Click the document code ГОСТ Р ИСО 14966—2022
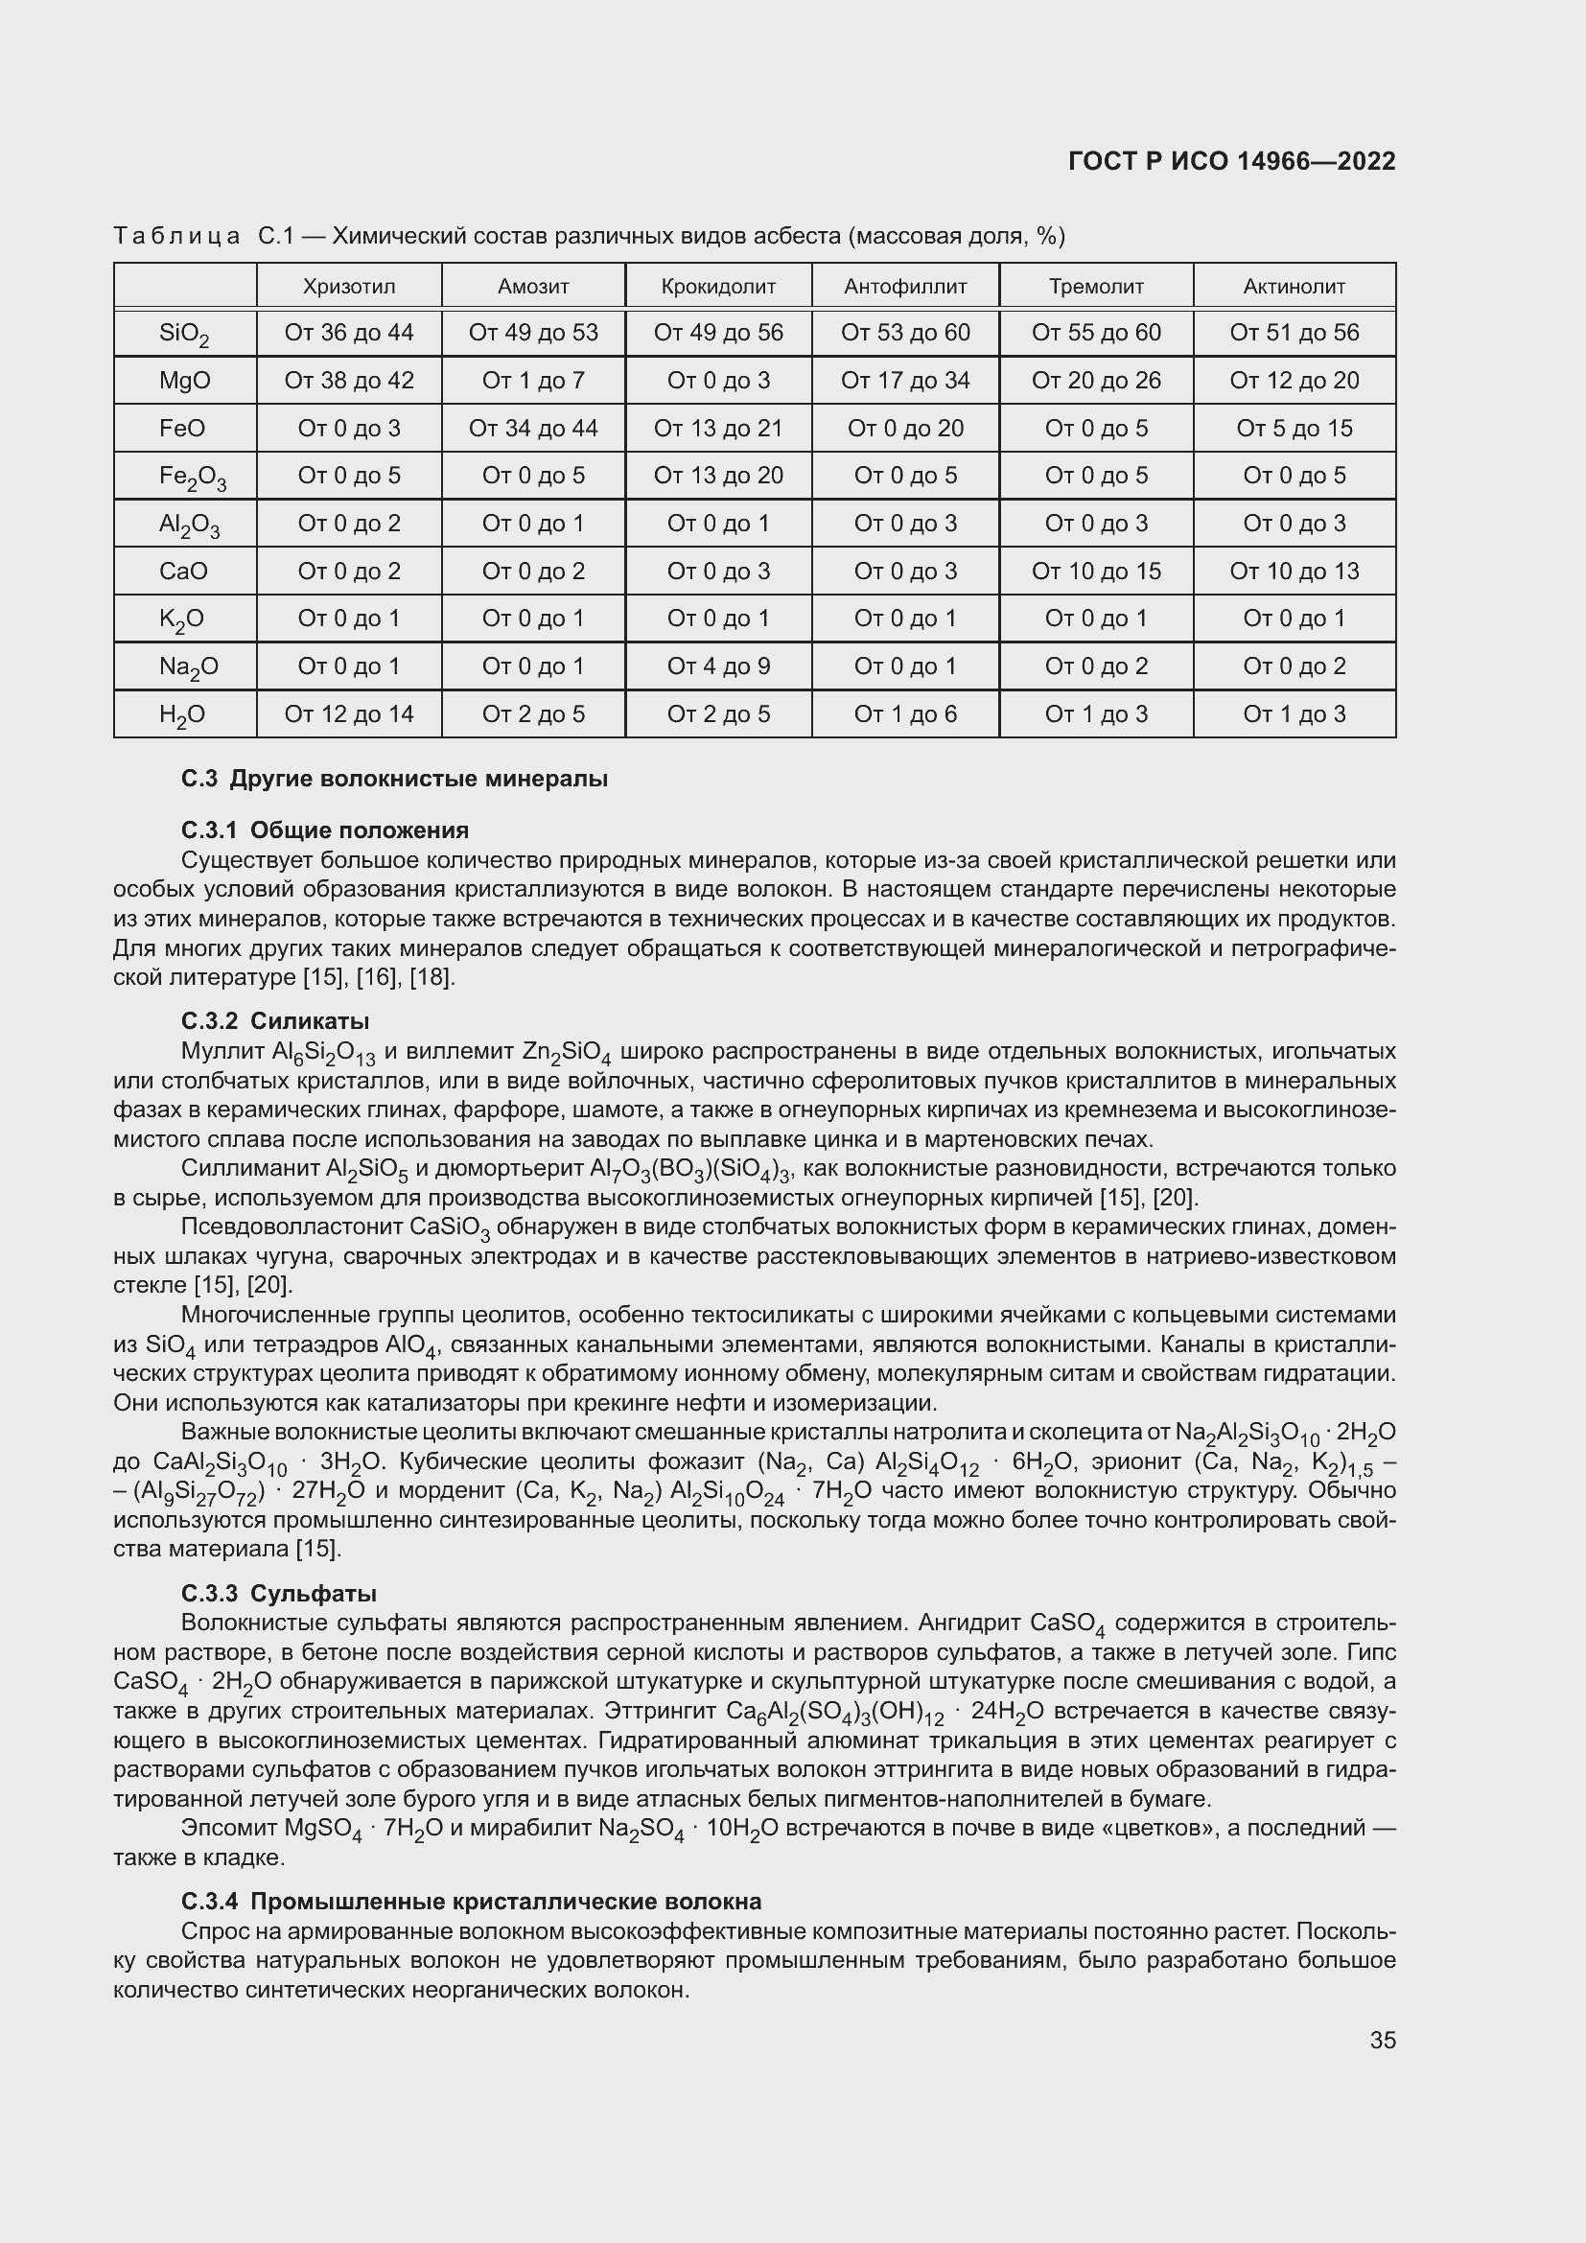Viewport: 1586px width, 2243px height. (x=1231, y=161)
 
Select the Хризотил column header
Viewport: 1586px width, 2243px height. (x=349, y=286)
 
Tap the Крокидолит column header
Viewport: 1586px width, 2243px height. (x=718, y=286)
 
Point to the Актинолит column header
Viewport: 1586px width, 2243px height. (x=1293, y=286)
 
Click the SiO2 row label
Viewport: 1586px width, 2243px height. (x=183, y=334)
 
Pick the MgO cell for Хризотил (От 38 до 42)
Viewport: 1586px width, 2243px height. (x=349, y=380)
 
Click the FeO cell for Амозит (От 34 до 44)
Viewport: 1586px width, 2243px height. (x=533, y=428)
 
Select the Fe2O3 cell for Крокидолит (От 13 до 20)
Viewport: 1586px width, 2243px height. (x=718, y=475)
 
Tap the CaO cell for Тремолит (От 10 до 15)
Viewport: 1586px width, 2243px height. (x=1096, y=571)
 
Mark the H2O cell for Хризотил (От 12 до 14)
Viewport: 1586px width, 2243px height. (x=349, y=714)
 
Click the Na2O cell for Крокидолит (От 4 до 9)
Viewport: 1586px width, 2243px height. (x=718, y=666)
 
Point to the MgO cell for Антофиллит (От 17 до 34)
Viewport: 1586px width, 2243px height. (x=904, y=380)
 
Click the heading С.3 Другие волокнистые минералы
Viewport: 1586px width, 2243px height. (x=394, y=779)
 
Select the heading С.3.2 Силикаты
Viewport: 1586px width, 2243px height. (x=275, y=1021)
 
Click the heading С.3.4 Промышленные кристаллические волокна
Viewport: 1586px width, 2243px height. (x=471, y=1901)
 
